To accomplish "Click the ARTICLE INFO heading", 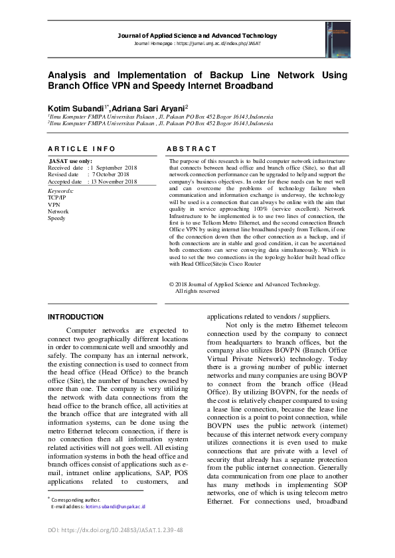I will coord(81,149).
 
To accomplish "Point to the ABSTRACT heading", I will coord(191,149).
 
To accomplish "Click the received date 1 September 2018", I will coord(114,168).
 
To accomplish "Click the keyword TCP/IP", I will coord(56,197).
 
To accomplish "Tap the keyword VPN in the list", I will coord(54,205).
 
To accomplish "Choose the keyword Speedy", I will coord(56,218).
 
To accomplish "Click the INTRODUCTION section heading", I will coord(76,317).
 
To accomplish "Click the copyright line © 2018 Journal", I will coord(236,284).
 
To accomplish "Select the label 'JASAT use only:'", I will coord(70,161).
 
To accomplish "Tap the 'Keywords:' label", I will coord(61,191).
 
